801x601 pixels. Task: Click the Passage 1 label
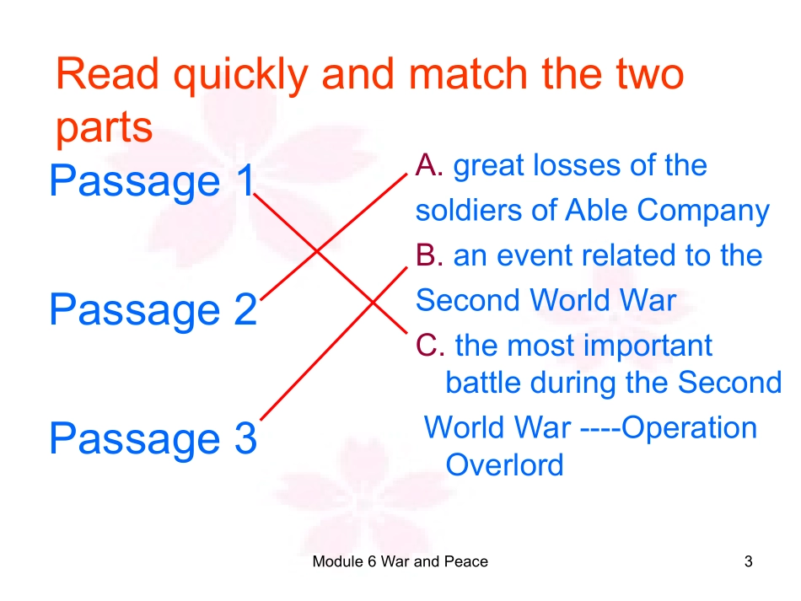pos(152,182)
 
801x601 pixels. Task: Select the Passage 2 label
pos(152,310)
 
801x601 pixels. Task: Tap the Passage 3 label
pos(152,439)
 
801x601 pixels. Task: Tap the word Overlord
pos(504,464)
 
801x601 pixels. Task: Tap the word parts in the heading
pos(104,127)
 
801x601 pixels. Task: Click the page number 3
pos(748,561)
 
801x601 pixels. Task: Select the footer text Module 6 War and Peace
pos(400,561)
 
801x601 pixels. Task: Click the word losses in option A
pos(588,166)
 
